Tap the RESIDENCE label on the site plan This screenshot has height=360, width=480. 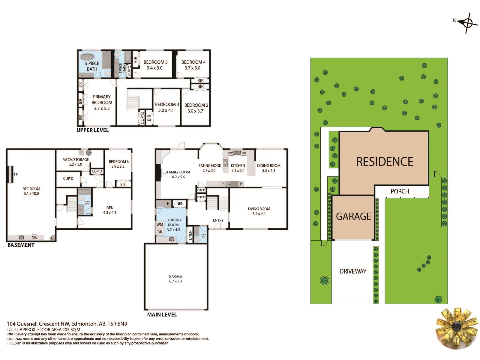coord(385,162)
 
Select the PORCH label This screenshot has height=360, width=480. coord(400,191)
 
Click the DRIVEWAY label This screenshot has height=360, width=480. coord(353,271)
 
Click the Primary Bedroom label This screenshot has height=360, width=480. coord(102,100)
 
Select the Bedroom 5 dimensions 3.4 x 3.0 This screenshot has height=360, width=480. coord(154,68)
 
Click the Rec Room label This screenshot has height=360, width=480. coord(31,189)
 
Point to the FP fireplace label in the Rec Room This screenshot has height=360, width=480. coord(16,174)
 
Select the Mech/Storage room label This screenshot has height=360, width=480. coord(76,160)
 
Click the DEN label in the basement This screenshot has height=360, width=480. coord(110,208)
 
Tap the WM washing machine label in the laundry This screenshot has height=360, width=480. coord(160,224)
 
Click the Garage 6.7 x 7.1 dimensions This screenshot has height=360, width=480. coord(175,281)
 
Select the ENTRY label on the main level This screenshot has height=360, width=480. coord(218,220)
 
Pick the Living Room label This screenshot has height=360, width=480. coord(259,209)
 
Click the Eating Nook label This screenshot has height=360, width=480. coord(210,166)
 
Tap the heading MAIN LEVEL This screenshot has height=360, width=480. coord(162,315)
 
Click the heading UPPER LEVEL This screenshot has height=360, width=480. coord(92,130)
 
